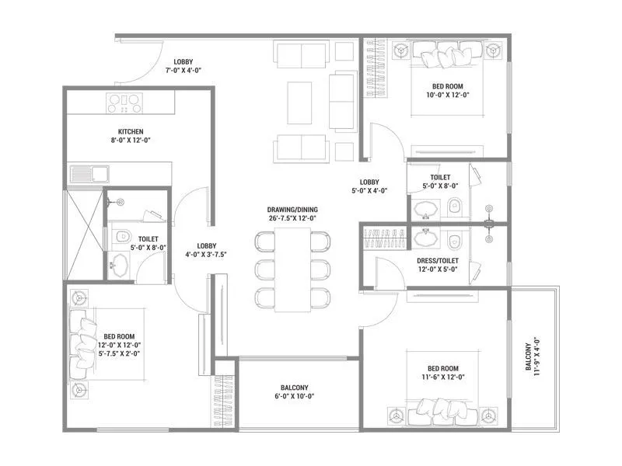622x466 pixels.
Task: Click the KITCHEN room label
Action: pos(131,131)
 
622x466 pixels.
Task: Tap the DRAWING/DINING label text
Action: pos(292,209)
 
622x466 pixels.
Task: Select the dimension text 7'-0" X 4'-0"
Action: pos(183,71)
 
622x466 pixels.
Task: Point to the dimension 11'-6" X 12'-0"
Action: pos(442,377)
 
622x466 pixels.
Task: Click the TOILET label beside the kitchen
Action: pos(148,239)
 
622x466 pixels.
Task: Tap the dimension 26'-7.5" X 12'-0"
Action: pos(292,218)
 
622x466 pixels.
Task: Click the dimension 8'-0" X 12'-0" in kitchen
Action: pos(131,141)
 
